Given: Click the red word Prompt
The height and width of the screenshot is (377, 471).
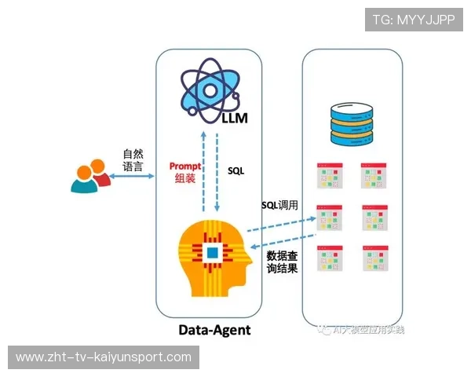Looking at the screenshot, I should (185, 167).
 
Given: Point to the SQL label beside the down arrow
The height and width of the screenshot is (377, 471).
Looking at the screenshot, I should (236, 170).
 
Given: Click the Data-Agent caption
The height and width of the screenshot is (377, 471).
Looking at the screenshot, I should (214, 330).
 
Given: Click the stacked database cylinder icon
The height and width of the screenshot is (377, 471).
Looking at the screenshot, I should (351, 124).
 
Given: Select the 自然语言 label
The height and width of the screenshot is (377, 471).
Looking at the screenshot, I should (133, 160).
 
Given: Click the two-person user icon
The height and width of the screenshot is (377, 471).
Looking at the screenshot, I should (89, 177).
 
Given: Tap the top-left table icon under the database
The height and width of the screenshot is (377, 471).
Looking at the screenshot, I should (329, 176).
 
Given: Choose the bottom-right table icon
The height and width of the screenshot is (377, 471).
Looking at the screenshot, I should (375, 258).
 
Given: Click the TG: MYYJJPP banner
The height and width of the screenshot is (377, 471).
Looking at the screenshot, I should (414, 20).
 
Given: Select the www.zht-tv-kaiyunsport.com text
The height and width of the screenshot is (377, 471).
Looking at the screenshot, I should (103, 357).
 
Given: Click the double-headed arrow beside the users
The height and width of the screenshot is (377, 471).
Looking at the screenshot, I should (131, 178).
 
